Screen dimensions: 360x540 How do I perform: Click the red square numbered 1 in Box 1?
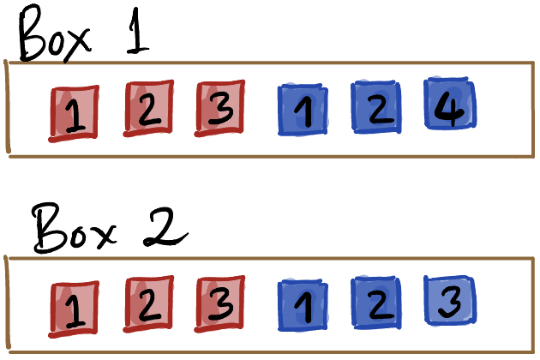[75, 113]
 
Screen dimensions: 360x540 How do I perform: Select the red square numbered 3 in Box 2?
[220, 302]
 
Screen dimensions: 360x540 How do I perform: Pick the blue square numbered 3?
[449, 299]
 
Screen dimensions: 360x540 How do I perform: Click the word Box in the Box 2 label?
[75, 227]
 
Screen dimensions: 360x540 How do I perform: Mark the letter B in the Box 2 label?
[49, 228]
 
